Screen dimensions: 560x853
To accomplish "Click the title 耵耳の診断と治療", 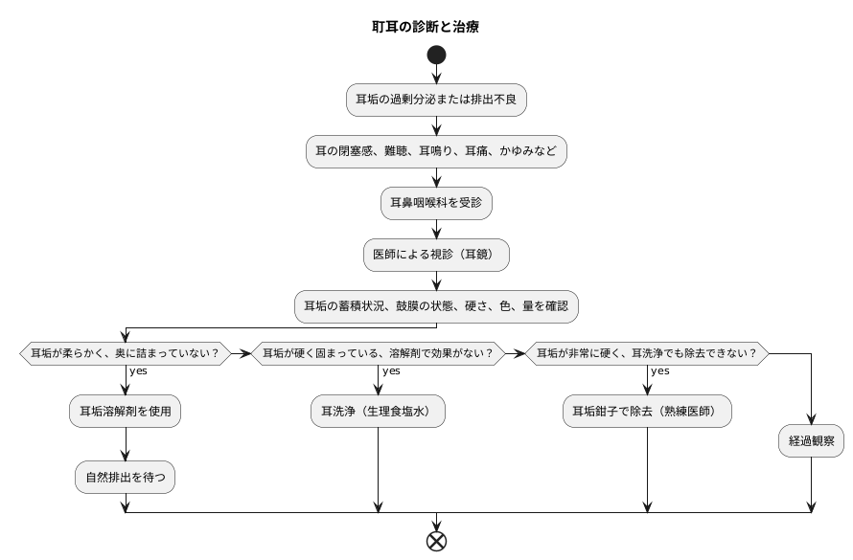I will click(x=426, y=27).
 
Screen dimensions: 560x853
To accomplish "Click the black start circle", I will click(x=437, y=55).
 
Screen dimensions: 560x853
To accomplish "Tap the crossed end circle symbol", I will click(x=437, y=541).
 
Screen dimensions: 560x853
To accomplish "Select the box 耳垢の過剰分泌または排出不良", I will click(x=437, y=100).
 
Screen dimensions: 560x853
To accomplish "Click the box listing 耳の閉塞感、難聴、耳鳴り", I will click(x=437, y=151).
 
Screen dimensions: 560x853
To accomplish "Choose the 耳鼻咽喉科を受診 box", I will click(x=437, y=203).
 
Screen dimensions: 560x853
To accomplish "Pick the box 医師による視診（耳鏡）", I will click(x=437, y=255).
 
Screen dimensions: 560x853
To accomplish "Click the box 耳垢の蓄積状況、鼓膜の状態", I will click(x=437, y=306).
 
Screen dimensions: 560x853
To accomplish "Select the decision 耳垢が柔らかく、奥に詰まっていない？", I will click(x=126, y=353).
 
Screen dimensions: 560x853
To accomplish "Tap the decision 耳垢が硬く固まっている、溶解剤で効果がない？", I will click(x=380, y=353).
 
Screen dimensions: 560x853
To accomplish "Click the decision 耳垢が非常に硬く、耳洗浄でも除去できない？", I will click(x=648, y=353).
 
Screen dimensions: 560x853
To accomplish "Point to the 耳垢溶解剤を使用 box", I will click(x=126, y=412).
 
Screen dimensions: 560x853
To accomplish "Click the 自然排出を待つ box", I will click(x=126, y=476).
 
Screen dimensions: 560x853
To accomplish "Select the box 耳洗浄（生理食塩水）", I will click(x=380, y=412).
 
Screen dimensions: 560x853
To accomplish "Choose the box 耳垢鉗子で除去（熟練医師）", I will click(x=648, y=412).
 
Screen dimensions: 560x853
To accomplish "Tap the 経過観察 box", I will click(x=812, y=441).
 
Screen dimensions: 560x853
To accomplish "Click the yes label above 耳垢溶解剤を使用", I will click(x=138, y=370).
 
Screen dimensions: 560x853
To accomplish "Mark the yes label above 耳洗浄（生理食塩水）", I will click(x=391, y=370).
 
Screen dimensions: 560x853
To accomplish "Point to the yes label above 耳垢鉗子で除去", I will click(x=659, y=370).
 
